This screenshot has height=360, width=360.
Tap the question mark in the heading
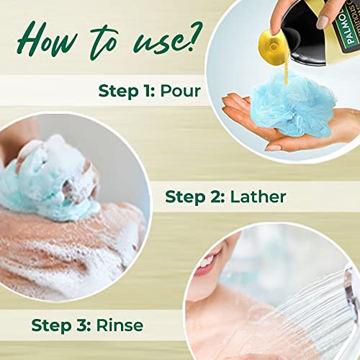(x=194, y=36)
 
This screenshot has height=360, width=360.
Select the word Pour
(x=180, y=91)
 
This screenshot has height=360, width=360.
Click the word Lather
(x=258, y=197)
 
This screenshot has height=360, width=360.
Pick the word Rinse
(x=120, y=325)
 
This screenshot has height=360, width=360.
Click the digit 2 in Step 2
(x=215, y=197)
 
